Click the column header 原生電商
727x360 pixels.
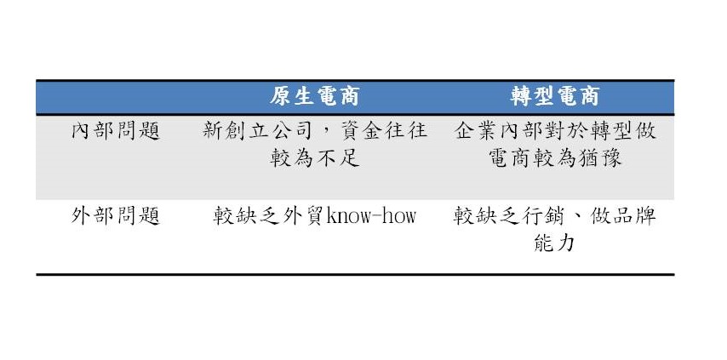pos(315,97)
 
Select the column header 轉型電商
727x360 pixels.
pos(555,97)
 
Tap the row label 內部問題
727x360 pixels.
pos(116,131)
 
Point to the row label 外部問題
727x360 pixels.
pos(116,216)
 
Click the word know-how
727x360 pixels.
pos(371,216)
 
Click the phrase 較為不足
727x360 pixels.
pos(315,158)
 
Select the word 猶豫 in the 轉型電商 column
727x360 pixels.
pos(599,158)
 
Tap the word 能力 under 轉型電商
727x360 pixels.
pos(554,243)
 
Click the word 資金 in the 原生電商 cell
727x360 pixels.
pos(360,131)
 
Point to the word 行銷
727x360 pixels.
pos(543,216)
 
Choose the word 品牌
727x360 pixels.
pos(634,216)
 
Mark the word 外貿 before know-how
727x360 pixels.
pos(304,216)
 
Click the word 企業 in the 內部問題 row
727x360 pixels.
pos(476,131)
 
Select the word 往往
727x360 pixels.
pos(405,131)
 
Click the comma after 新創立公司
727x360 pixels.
pos(321,135)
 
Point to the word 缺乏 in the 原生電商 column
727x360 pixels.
pos(258,216)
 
